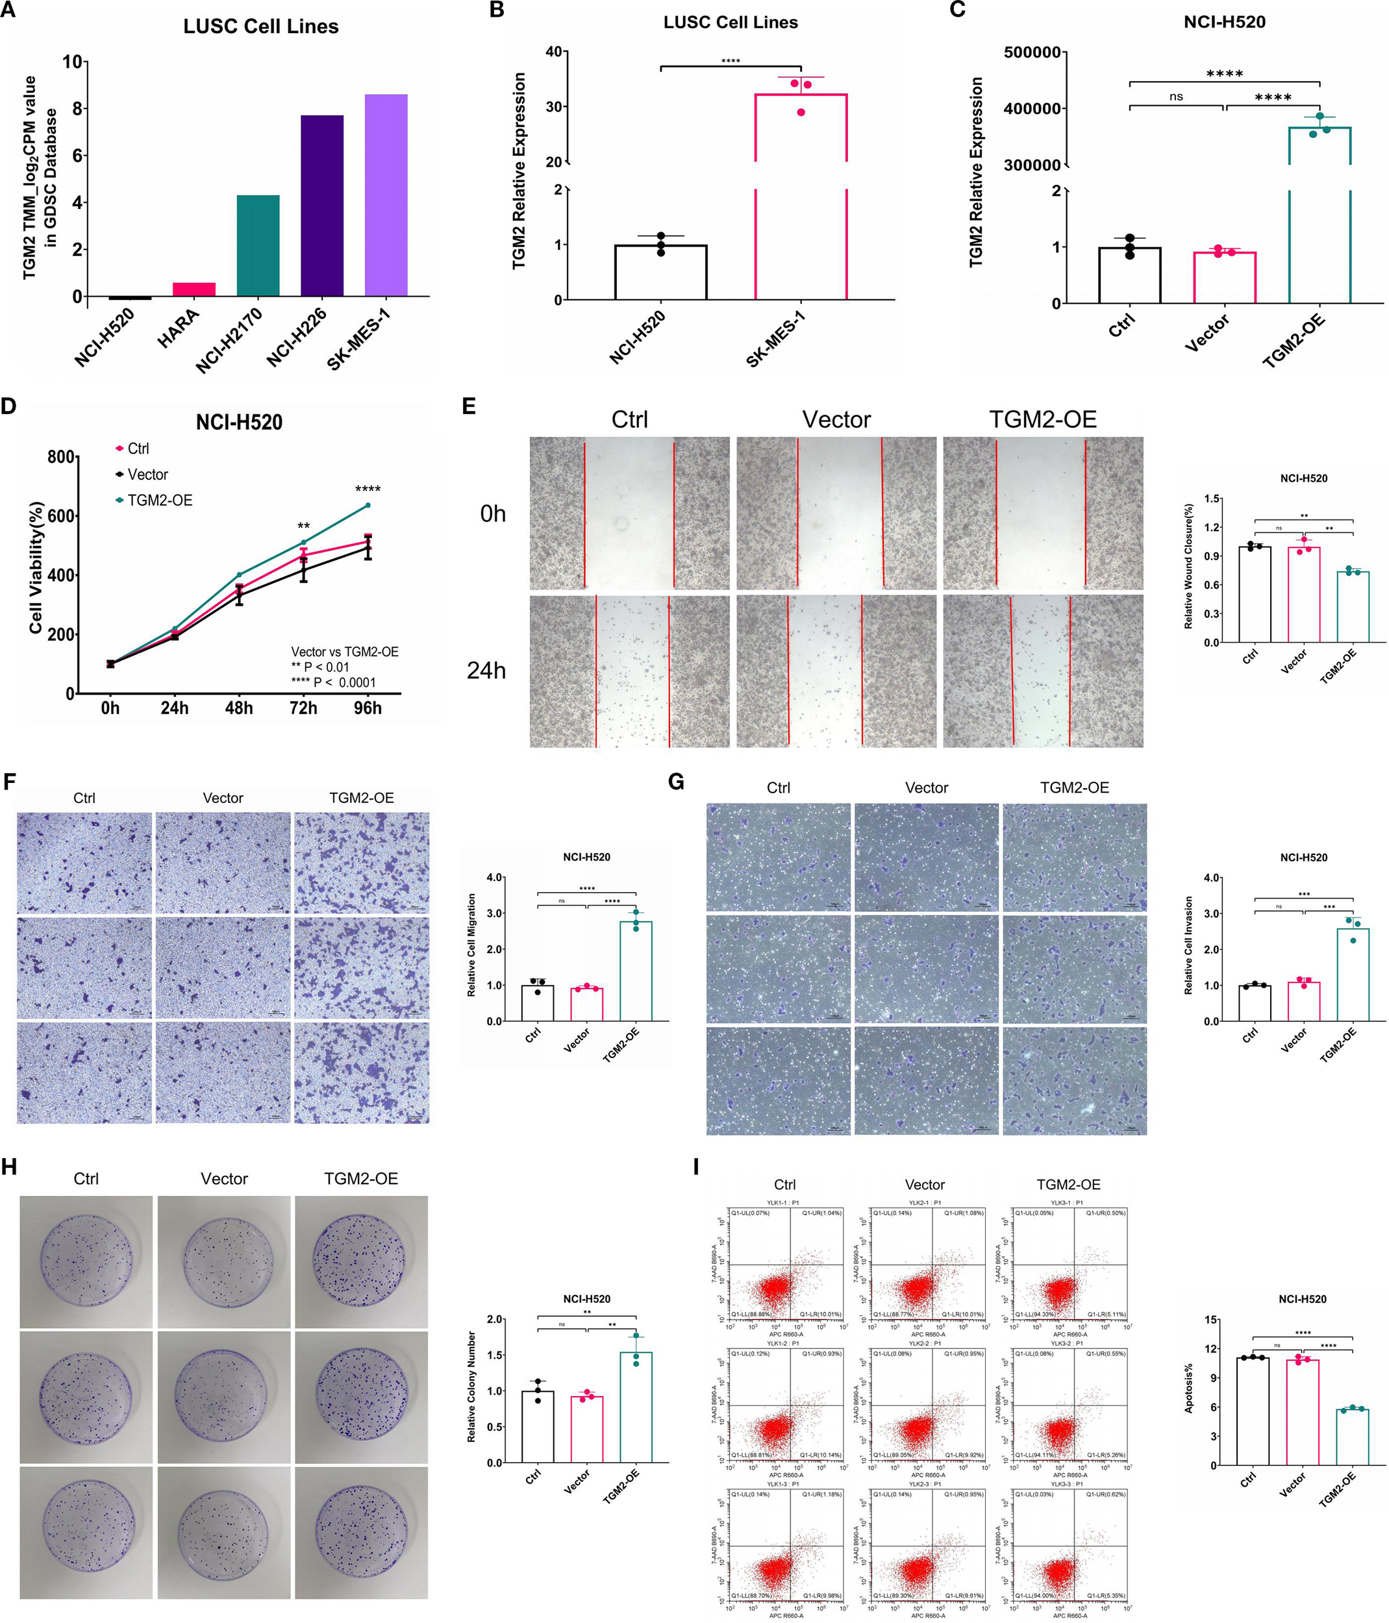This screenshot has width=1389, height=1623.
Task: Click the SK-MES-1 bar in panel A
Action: click(386, 196)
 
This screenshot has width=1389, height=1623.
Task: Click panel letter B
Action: click(496, 10)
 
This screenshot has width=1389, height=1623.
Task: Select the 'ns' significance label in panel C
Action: click(1175, 96)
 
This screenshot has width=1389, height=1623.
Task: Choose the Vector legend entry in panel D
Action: click(147, 475)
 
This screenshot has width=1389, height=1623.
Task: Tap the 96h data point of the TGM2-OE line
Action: click(368, 505)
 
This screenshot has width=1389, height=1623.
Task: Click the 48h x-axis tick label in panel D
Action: click(239, 708)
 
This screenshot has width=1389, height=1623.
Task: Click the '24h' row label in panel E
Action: click(486, 671)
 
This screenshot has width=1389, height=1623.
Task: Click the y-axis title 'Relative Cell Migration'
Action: click(471, 945)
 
